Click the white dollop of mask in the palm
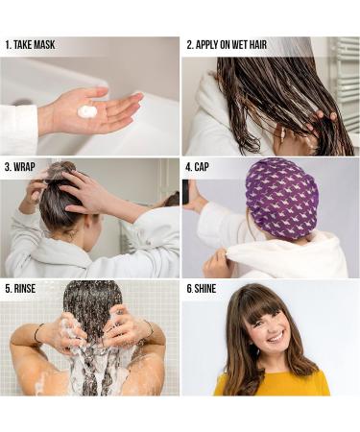[x=87, y=111]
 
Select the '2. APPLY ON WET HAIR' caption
[x=228, y=44]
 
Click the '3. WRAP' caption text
[x=20, y=166]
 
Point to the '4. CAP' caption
[x=202, y=166]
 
